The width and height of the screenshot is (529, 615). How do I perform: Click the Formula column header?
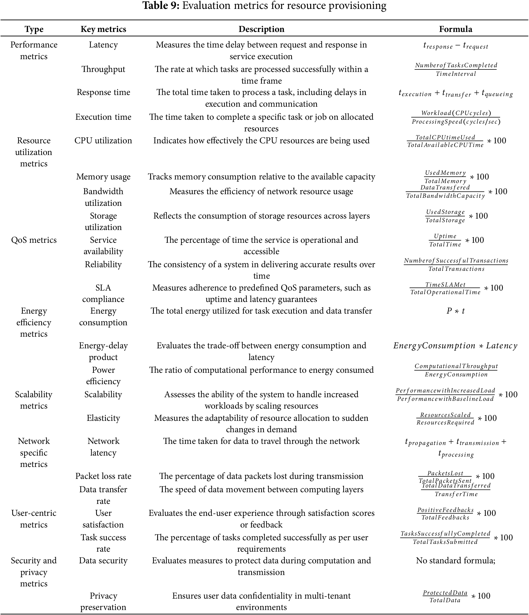(x=455, y=29)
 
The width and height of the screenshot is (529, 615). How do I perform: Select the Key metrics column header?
(x=103, y=29)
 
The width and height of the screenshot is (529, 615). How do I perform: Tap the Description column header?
(x=261, y=29)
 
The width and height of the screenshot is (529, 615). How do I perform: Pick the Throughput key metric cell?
(x=103, y=69)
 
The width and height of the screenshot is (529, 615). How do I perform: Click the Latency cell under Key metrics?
(x=103, y=45)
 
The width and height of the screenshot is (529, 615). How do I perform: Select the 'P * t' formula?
(x=455, y=311)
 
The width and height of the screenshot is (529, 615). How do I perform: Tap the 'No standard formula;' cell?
(x=455, y=560)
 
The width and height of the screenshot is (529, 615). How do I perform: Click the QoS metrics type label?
(x=34, y=240)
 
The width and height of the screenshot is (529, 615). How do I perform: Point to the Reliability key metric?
(x=103, y=264)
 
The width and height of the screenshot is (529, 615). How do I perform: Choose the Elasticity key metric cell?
(x=103, y=418)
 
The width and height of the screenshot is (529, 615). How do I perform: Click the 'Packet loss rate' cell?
(x=103, y=476)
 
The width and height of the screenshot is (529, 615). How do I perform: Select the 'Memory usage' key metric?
(x=103, y=177)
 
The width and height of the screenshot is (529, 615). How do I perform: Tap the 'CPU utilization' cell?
(x=103, y=140)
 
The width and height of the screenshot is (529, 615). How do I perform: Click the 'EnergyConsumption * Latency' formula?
(x=455, y=346)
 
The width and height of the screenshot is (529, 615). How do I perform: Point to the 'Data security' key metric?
(x=103, y=560)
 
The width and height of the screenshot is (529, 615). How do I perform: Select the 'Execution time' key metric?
(x=103, y=117)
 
